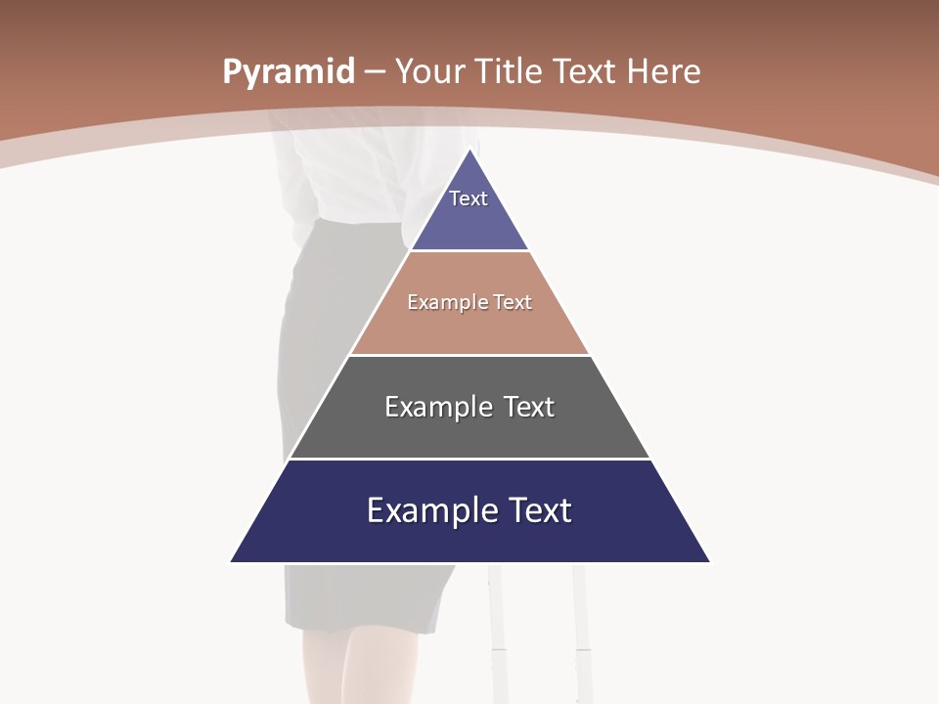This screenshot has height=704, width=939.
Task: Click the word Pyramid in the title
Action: pyautogui.click(x=288, y=72)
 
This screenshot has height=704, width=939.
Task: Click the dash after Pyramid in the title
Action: pyautogui.click(x=375, y=72)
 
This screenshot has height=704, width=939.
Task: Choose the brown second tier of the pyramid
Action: pyautogui.click(x=469, y=328)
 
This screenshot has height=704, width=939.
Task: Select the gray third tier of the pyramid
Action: pyautogui.click(x=469, y=430)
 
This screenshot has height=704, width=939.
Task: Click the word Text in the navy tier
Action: pyautogui.click(x=537, y=510)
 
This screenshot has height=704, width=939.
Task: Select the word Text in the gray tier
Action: pyautogui.click(x=529, y=407)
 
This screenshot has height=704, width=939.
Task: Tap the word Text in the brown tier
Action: pyautogui.click(x=513, y=303)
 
